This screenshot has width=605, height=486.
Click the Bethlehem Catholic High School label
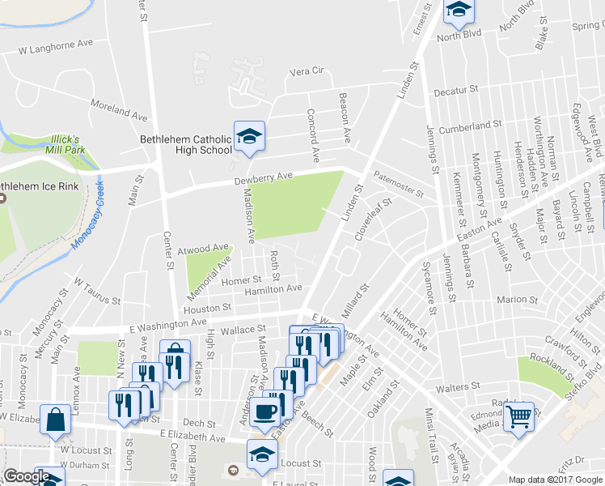186,144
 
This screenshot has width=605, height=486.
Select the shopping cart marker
519,418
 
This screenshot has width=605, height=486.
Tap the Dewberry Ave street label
263,176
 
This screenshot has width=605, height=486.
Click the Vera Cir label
307,71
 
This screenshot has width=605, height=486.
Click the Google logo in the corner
26,477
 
